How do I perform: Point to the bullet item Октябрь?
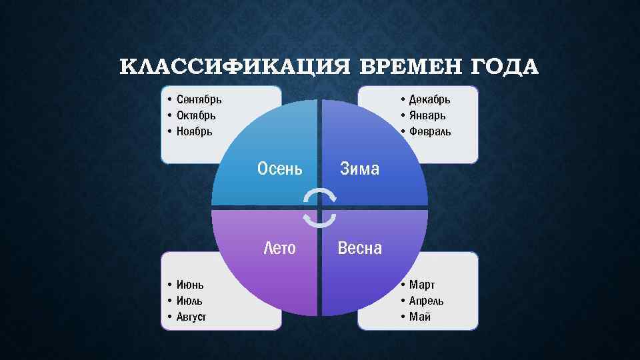pos(196,115)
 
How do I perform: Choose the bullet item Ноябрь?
pos(195,131)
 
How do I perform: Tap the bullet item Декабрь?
pos(430,99)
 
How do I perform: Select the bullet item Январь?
pos(427,115)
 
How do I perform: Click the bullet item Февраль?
pos(430,131)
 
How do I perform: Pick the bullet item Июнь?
pos(191,285)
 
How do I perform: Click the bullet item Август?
pos(191,317)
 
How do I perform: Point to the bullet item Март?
pos(422,285)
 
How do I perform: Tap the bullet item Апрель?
pos(427,301)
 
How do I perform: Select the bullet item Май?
pos(420,317)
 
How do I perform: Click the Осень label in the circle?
pos(280,169)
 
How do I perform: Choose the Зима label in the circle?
pos(359,169)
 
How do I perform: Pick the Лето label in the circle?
pos(280,249)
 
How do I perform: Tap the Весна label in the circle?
pos(360,249)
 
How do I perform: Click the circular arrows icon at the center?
pos(320,207)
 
